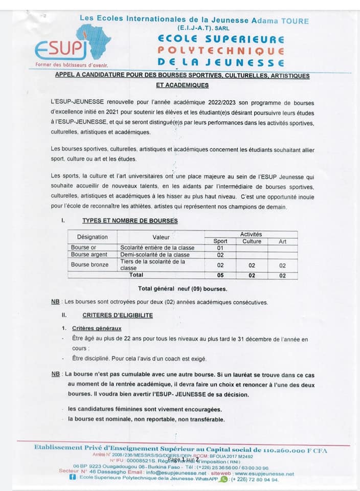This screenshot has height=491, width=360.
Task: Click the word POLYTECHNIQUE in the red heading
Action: pos(220,51)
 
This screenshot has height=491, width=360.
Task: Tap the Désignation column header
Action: pos(93,237)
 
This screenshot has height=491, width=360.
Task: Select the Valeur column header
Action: pos(161,237)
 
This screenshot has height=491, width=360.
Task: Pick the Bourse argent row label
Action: pos(89,255)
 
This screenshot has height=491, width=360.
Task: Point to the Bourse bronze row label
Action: pos(89,264)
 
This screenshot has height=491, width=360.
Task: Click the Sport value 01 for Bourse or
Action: pos(220,248)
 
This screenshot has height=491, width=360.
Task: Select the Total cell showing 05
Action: pos(220,275)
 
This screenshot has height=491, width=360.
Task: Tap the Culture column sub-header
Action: pos(252,241)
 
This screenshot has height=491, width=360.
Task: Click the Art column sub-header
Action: pos(282,241)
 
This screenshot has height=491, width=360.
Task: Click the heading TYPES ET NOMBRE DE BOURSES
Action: pos(130,220)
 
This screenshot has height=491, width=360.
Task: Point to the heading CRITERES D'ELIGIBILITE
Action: pos(118,316)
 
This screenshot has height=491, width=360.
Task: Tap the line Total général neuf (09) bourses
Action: pos(183,288)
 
